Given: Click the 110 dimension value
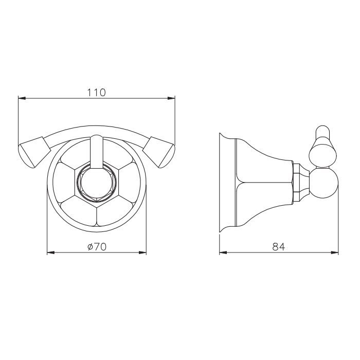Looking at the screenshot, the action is coord(96,93).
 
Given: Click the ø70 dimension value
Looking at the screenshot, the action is coord(97,247).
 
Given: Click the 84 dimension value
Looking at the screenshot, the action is coord(279,247).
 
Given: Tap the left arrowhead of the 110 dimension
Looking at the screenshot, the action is coord(22,99).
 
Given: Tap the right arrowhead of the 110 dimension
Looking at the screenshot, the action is coord(171,99).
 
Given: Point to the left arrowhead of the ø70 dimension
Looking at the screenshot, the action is coord(51,253).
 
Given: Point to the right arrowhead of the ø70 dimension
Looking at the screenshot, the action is coord(142,253).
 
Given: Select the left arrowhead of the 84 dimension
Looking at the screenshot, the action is coord(223,253).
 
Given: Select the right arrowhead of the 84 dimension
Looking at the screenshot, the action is coord(335,253).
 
